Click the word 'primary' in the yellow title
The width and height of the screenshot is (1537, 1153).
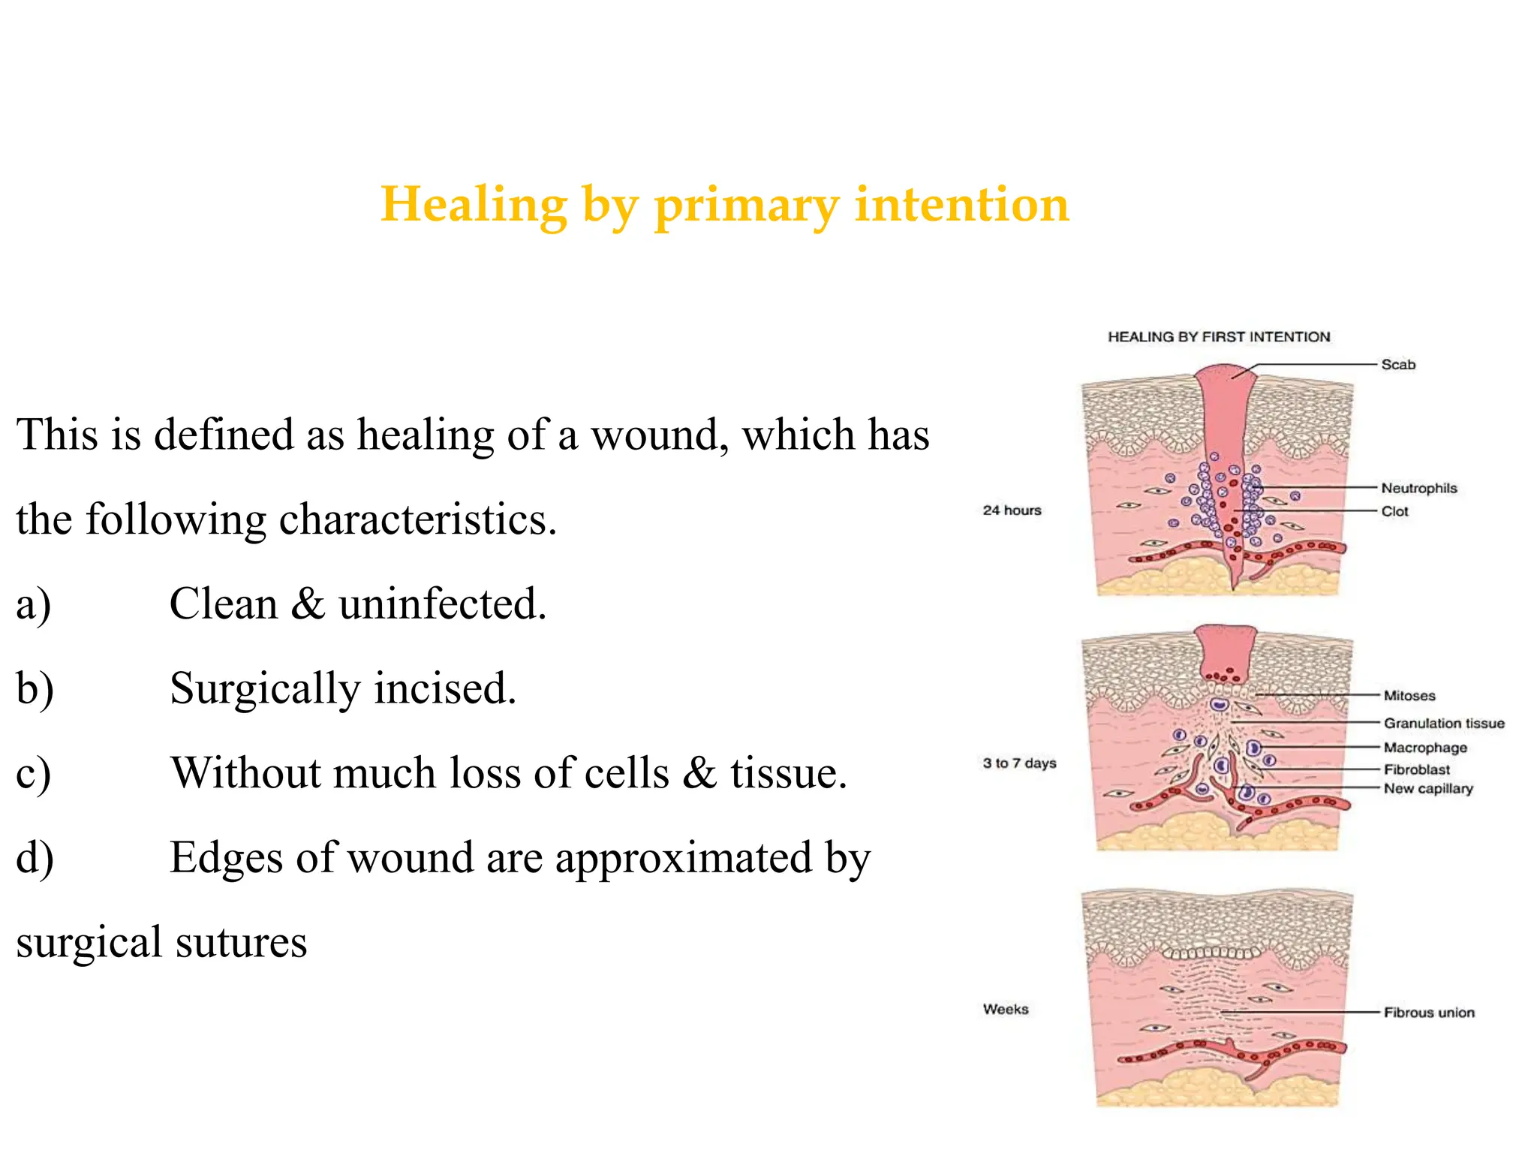(746, 206)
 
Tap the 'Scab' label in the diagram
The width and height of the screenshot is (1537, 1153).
(1398, 365)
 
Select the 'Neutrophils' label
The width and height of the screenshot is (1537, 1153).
(1418, 489)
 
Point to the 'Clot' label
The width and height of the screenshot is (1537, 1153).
(1394, 512)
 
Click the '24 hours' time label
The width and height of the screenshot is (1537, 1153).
(1012, 510)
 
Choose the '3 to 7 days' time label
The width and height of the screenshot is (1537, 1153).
(1019, 763)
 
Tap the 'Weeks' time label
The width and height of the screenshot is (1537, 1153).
(1006, 1010)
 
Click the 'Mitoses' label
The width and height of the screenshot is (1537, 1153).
(1409, 696)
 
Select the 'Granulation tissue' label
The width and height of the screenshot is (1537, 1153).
(1444, 724)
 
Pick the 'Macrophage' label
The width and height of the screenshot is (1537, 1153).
(1425, 748)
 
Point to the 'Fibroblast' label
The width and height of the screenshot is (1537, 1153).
(1416, 770)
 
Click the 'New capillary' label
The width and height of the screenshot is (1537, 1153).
(1428, 789)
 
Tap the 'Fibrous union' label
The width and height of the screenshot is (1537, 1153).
(1429, 1013)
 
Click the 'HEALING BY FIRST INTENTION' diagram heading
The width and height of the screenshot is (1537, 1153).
(1219, 337)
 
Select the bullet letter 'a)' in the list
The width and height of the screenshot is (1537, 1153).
(34, 604)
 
